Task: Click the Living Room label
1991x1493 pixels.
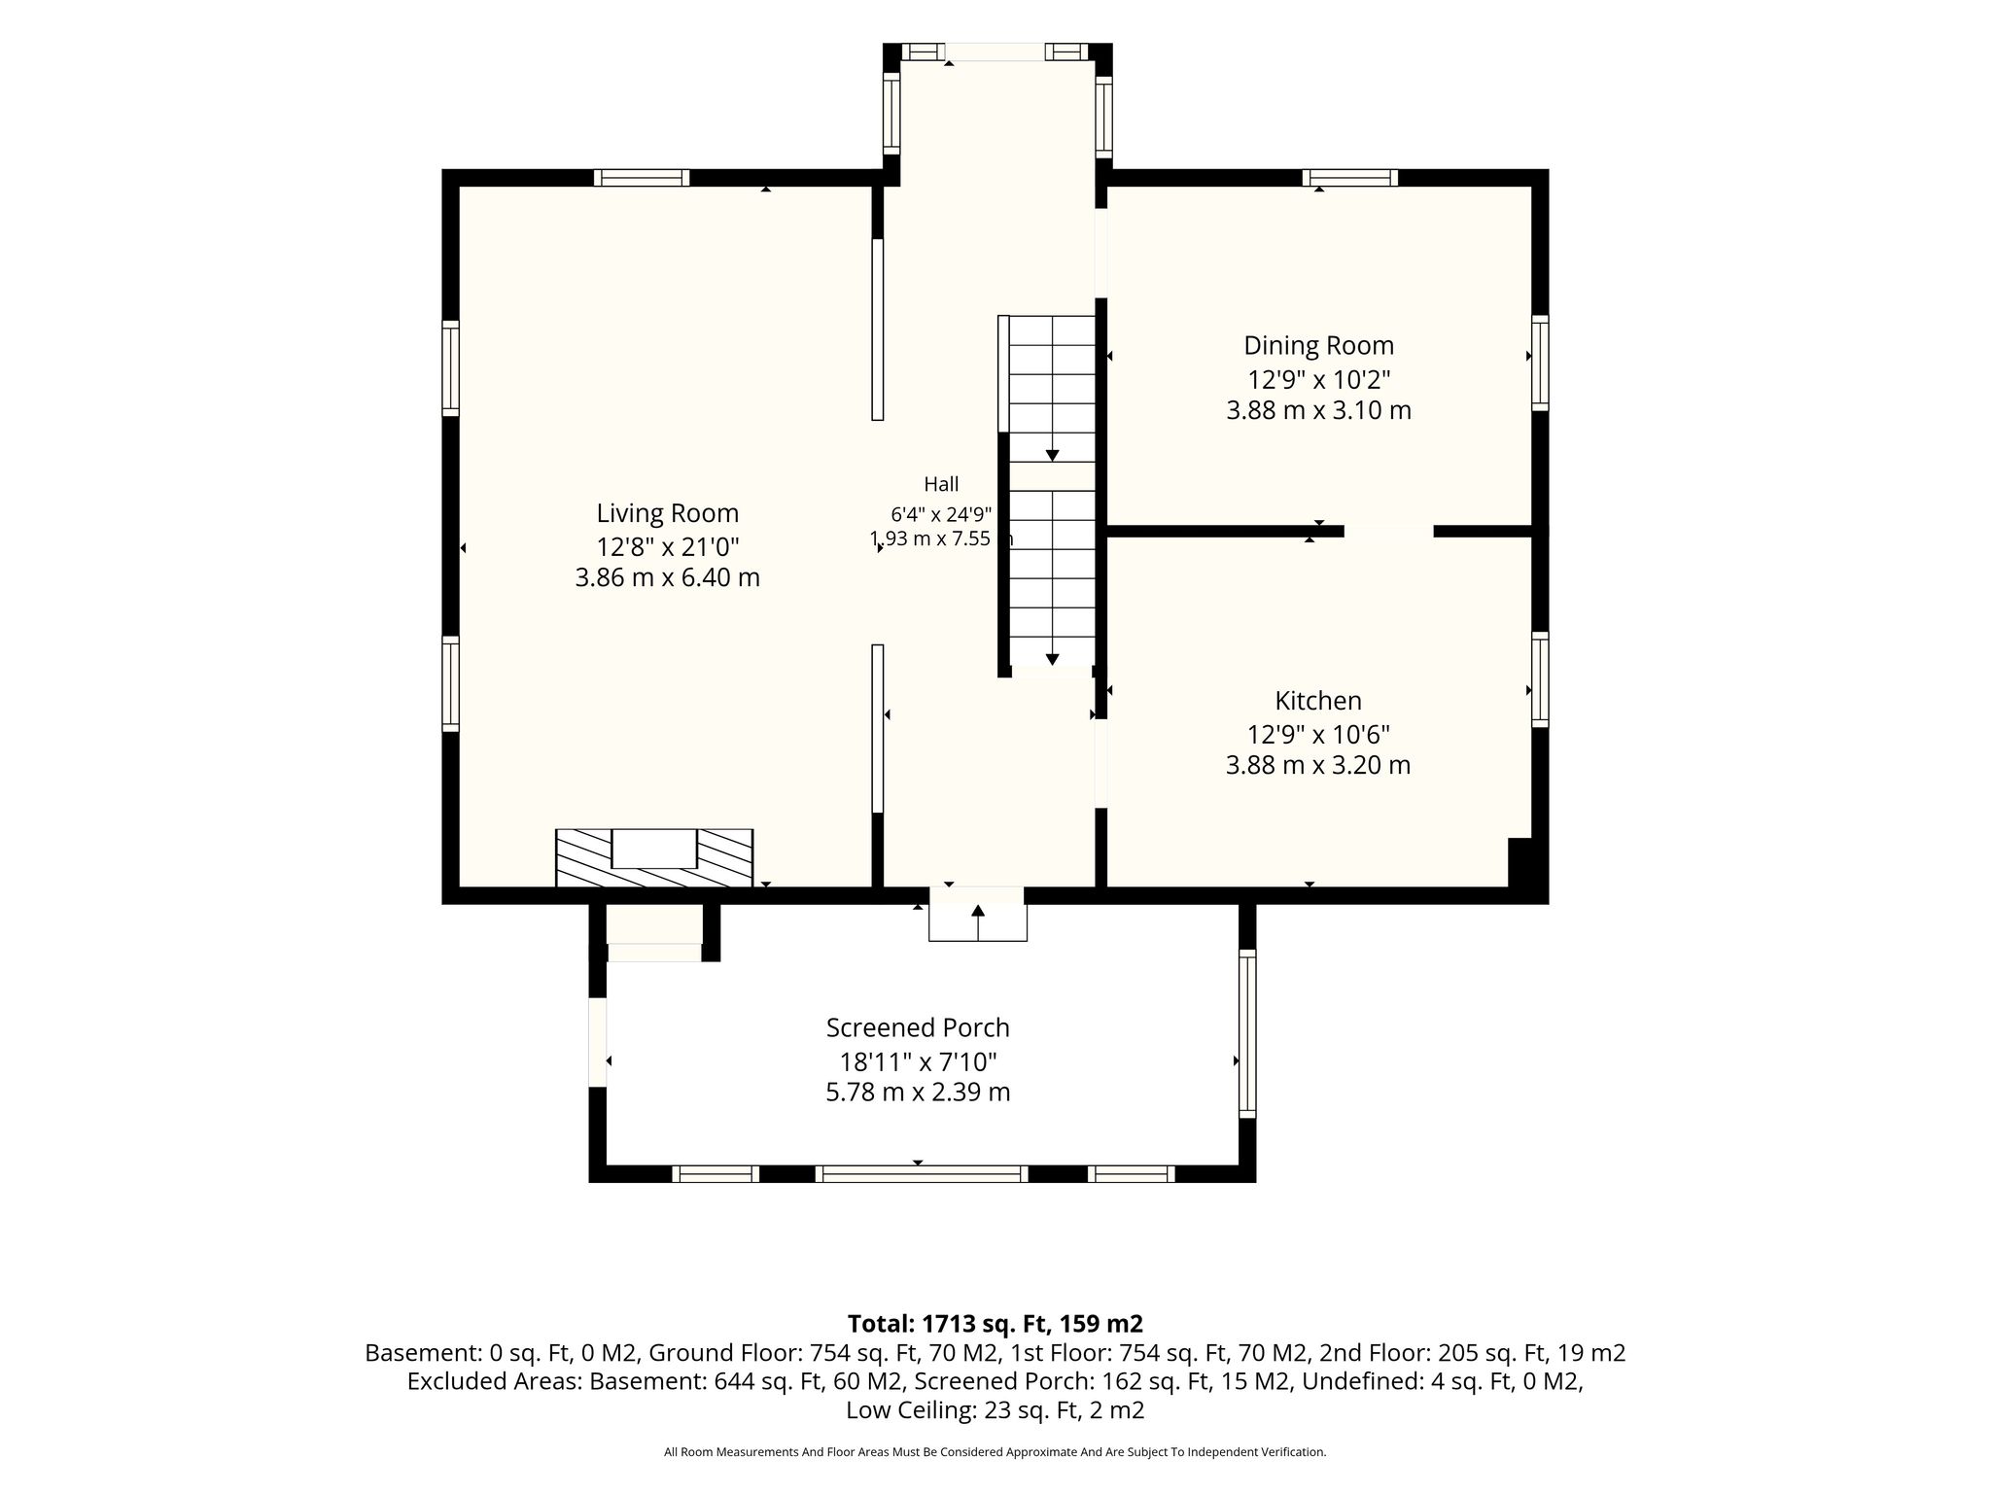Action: click(667, 513)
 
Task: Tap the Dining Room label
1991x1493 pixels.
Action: click(1318, 346)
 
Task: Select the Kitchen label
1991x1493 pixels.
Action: click(1318, 701)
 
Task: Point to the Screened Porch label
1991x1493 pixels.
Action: click(918, 1028)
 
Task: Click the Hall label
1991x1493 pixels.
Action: click(941, 484)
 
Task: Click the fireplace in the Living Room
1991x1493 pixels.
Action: click(654, 857)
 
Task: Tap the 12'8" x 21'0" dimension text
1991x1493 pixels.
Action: click(667, 545)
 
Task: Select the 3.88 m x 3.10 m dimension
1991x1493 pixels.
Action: click(1318, 410)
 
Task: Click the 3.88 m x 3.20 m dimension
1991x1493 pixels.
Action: click(1318, 765)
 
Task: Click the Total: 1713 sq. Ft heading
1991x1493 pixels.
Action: click(995, 1324)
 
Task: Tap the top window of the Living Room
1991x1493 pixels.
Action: click(642, 178)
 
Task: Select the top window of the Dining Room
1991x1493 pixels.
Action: click(1350, 178)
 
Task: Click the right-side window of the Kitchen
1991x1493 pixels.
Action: click(1540, 679)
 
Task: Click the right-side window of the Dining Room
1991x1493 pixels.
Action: click(1540, 363)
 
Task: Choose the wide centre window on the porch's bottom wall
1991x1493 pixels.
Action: click(922, 1174)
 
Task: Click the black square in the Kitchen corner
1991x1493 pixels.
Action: click(1519, 861)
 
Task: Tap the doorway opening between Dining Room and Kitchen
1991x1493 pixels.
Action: click(1388, 531)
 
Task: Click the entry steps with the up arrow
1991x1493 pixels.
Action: click(978, 914)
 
